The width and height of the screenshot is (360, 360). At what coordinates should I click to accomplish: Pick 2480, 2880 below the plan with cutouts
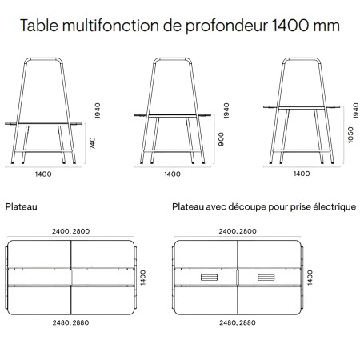[x=238, y=323]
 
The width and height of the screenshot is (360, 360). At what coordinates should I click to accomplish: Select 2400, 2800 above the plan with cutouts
[x=238, y=230]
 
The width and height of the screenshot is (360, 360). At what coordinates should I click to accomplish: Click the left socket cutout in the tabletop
[x=210, y=278]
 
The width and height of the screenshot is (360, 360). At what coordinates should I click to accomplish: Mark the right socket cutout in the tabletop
[x=266, y=278]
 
